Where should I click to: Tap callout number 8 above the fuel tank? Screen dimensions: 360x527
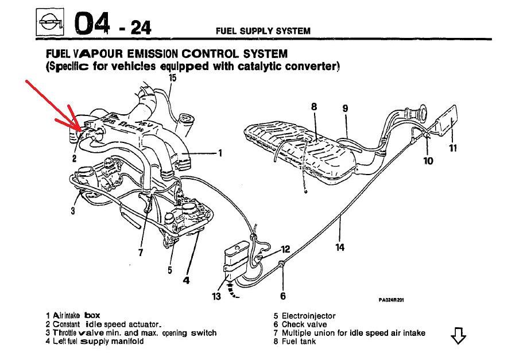(x=314, y=107)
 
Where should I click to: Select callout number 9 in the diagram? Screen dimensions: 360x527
(x=345, y=109)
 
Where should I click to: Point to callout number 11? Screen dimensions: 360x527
(x=453, y=148)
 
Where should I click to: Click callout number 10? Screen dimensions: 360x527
(x=428, y=161)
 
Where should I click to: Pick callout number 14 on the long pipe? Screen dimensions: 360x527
(x=340, y=247)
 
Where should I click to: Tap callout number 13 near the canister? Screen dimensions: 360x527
(x=216, y=296)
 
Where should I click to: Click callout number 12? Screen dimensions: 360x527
(x=286, y=250)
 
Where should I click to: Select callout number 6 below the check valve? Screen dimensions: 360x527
(x=283, y=296)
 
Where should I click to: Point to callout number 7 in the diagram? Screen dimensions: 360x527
(x=141, y=251)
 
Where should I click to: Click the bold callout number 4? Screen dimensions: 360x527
(x=186, y=280)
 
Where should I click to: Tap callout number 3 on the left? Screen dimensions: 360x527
(x=73, y=211)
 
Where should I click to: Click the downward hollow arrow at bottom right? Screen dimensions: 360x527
(x=458, y=336)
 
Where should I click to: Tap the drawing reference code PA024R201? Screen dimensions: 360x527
(x=391, y=300)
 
